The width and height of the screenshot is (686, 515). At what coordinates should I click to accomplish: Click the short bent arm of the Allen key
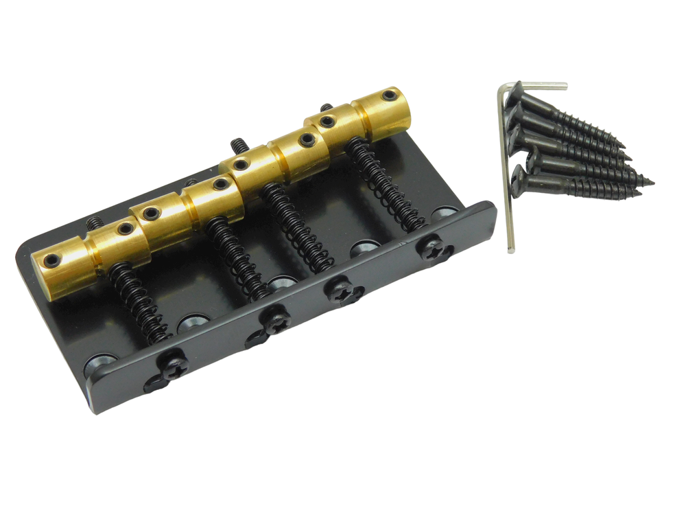point(542,86)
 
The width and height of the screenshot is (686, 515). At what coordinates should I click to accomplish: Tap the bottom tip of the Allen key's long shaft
point(510,249)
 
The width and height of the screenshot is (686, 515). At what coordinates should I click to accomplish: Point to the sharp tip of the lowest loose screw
point(648,183)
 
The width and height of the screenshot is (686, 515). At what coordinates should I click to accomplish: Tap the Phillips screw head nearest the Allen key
point(434,248)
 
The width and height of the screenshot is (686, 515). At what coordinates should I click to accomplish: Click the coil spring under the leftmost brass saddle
point(137,302)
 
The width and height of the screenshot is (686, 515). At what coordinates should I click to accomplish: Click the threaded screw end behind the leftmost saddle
point(95,222)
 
